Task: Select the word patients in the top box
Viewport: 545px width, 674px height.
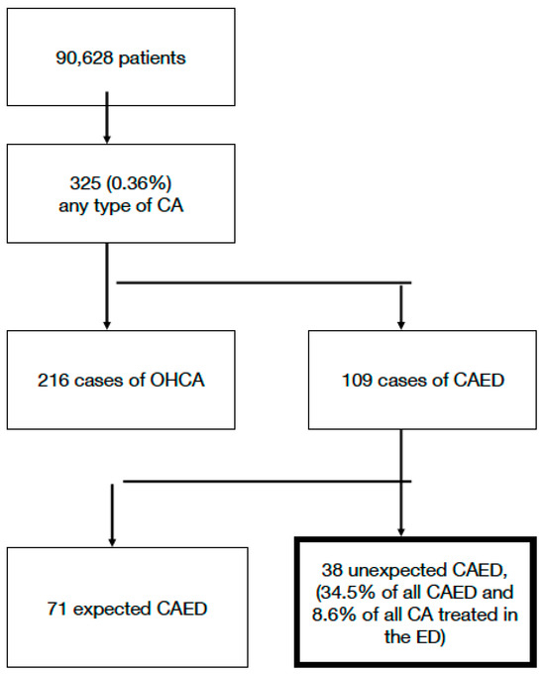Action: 149,58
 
